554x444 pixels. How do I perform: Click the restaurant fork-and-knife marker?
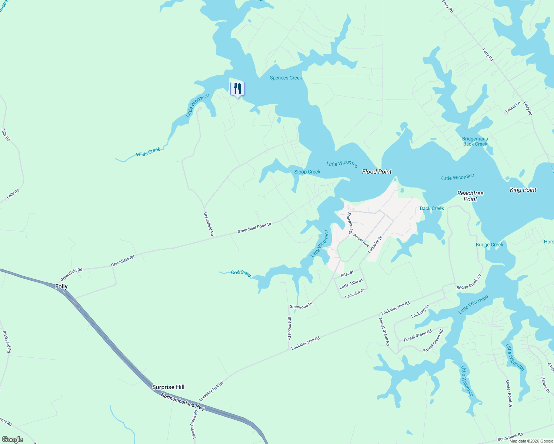[x=237, y=89]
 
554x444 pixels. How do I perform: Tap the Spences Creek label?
[x=286, y=78]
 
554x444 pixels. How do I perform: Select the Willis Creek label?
[x=148, y=152]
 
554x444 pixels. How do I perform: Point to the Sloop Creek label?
[x=307, y=172]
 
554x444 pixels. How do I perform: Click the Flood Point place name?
[x=377, y=172]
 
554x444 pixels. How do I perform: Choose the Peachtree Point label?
[x=470, y=196]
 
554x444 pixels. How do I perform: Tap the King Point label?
[x=523, y=190]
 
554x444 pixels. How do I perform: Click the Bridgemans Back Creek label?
[x=475, y=141]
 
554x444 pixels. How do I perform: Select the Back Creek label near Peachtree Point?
[x=432, y=208]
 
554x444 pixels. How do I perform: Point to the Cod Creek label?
[x=241, y=273]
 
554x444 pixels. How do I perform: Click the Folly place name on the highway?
[x=61, y=286]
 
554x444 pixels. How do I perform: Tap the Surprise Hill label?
[x=168, y=387]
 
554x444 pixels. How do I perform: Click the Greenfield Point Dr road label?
[x=254, y=228]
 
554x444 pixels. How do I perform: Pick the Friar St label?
[x=347, y=274]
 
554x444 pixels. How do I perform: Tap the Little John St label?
[x=351, y=284]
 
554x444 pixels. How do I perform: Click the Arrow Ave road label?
[x=361, y=240]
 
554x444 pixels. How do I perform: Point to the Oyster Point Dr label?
[x=510, y=394]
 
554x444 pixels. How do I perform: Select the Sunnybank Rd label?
[x=510, y=437]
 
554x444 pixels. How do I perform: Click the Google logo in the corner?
[x=12, y=440]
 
